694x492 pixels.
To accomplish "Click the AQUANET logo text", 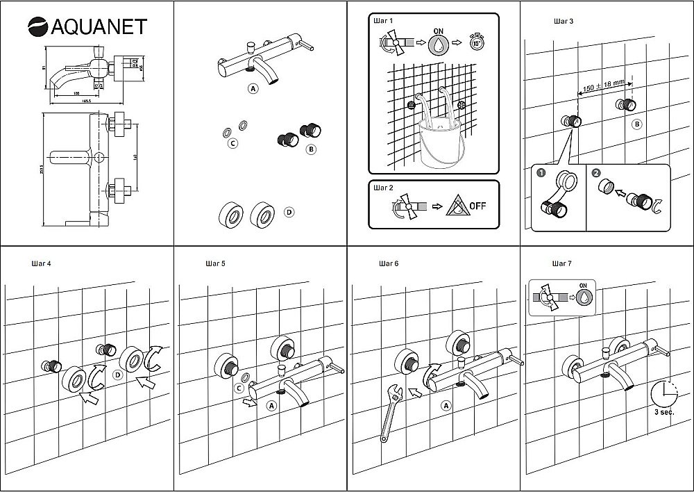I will point(96,26).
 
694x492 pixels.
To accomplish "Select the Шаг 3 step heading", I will point(564,22).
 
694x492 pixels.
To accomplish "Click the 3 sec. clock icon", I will point(663,395).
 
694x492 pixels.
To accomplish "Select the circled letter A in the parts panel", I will point(253,88).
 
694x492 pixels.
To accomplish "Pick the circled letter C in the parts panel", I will point(233,143).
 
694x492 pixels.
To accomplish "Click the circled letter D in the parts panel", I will point(289,212).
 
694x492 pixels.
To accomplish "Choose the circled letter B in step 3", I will point(637,124).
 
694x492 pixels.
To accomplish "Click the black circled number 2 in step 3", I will point(596,173).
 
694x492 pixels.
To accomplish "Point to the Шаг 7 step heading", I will point(561,264).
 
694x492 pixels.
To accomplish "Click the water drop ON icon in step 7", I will point(585,297).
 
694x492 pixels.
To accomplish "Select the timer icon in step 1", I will point(476,43).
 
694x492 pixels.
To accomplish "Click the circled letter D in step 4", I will point(117,375).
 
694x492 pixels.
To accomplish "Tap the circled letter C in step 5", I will point(238,388).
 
